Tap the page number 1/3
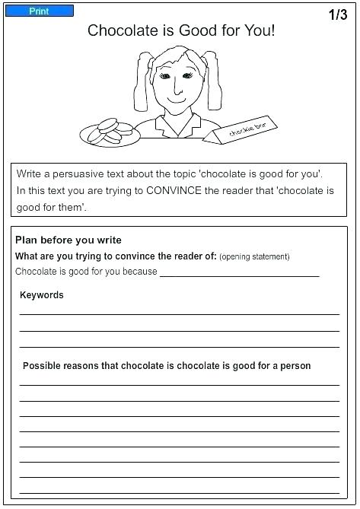[337, 15]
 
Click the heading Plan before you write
[68, 240]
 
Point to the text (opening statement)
[254, 256]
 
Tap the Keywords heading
[42, 295]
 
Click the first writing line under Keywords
[180, 313]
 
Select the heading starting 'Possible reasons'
[167, 365]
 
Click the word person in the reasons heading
[294, 365]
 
